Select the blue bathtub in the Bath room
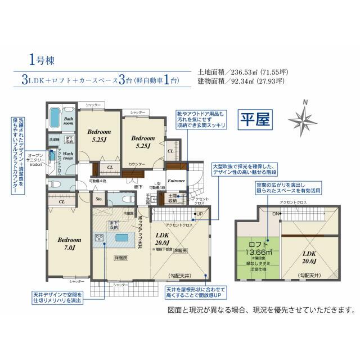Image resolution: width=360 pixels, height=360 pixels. [x=55, y=118]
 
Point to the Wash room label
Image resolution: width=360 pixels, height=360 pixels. [x=67, y=155]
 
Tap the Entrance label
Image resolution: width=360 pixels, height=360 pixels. [x=176, y=181]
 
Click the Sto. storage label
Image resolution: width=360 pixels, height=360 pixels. [x=98, y=199]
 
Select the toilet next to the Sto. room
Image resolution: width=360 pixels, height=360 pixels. [x=125, y=199]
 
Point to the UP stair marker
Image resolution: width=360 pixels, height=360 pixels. [x=199, y=215]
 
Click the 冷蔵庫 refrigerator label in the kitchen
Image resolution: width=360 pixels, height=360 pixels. [x=129, y=214]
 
